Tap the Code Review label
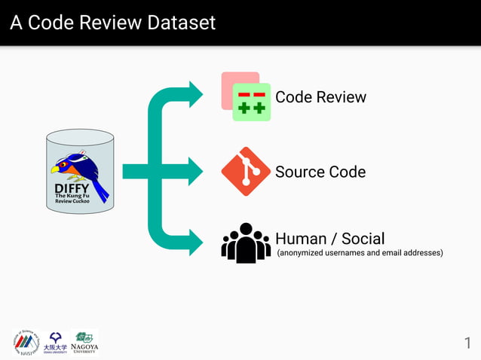(x=320, y=97)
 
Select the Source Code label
(x=320, y=172)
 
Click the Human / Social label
(x=329, y=239)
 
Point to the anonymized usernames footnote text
(x=360, y=253)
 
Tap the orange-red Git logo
(x=246, y=172)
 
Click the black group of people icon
(x=246, y=243)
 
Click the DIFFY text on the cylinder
(x=72, y=188)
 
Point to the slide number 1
(x=467, y=343)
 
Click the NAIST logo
(x=26, y=342)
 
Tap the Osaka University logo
(x=55, y=342)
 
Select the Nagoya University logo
(x=84, y=342)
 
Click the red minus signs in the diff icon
(x=252, y=94)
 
